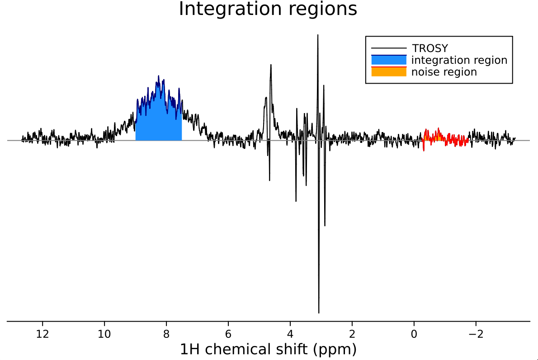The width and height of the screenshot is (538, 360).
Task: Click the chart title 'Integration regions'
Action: coord(268,9)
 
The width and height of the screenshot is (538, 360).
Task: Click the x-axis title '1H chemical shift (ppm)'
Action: coord(268,349)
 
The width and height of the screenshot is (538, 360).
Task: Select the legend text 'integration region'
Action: coord(459,60)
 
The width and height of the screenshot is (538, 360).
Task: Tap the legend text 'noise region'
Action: coord(444,72)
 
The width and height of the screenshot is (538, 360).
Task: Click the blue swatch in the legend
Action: coord(389,60)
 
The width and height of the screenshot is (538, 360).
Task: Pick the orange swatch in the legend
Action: coord(389,72)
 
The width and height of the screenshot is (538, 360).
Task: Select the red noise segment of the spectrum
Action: coord(445,138)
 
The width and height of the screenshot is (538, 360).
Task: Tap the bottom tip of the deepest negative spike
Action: coord(319,313)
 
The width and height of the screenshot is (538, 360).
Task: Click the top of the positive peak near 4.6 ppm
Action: coord(271,65)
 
